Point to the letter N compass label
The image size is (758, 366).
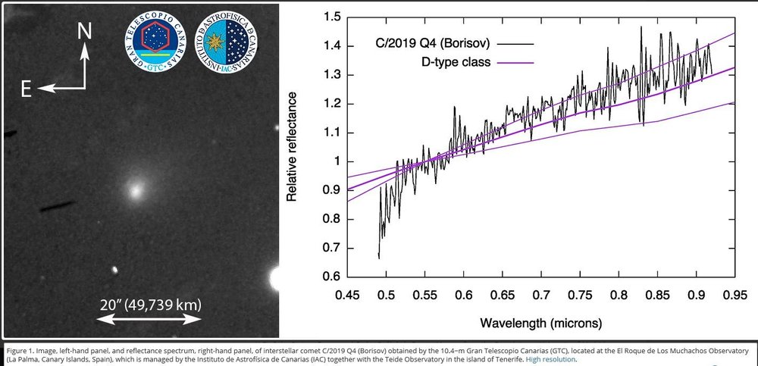click(x=86, y=31)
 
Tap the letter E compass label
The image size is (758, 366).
click(x=26, y=89)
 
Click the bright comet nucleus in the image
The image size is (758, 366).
click(x=136, y=190)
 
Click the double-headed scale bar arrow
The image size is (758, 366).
click(x=150, y=321)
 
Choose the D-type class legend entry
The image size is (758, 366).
click(x=462, y=61)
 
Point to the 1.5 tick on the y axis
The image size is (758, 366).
click(x=329, y=17)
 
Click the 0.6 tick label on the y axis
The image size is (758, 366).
click(x=329, y=277)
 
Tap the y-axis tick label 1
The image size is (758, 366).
click(x=334, y=161)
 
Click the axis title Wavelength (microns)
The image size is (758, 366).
click(x=541, y=323)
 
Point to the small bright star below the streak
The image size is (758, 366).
click(x=115, y=270)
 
